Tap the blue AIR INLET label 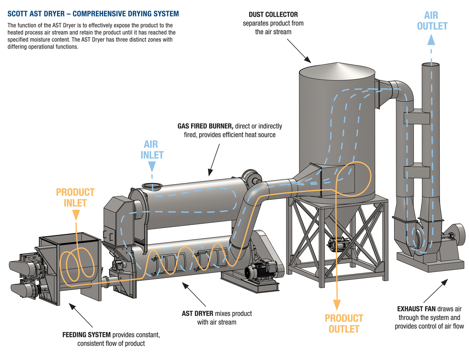pyautogui.click(x=152, y=150)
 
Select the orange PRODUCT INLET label pyautogui.click(x=75, y=197)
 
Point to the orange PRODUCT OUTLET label pyautogui.click(x=344, y=323)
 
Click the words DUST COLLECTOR pyautogui.click(x=273, y=15)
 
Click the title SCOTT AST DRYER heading pyautogui.click(x=93, y=14)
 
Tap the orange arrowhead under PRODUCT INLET pyautogui.click(x=75, y=214)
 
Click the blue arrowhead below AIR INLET pyautogui.click(x=152, y=167)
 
